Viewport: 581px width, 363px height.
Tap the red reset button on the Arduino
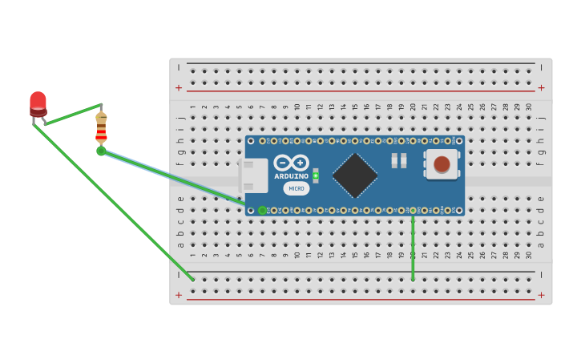(x=442, y=164)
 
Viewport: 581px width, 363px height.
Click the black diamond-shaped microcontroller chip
(x=355, y=175)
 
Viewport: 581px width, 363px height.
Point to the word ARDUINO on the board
(x=291, y=176)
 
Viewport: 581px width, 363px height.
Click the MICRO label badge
(x=297, y=188)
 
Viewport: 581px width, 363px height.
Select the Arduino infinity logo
(x=290, y=163)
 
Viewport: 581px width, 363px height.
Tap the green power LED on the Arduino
(x=316, y=175)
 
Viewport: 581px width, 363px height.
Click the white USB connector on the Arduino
(x=254, y=175)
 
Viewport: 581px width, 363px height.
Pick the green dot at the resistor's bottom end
(x=101, y=151)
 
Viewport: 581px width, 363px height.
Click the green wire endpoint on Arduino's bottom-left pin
(x=262, y=210)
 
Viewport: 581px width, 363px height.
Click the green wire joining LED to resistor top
(x=73, y=115)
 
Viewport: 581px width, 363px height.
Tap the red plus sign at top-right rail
(x=541, y=88)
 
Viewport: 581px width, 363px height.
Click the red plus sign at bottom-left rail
(x=179, y=295)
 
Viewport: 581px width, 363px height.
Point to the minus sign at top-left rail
(x=179, y=67)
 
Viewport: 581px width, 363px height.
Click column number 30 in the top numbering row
(x=529, y=107)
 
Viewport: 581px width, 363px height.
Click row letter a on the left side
(x=180, y=245)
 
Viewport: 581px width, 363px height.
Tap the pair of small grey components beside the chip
(x=398, y=161)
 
